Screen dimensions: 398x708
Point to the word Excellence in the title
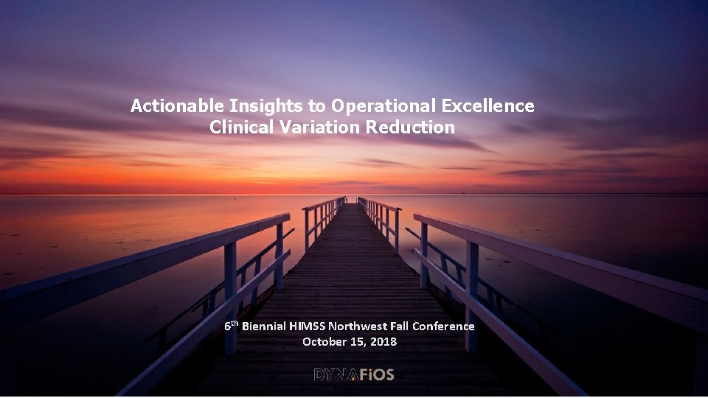tap(489, 106)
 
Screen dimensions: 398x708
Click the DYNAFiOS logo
tap(354, 375)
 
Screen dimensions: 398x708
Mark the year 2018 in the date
tap(383, 342)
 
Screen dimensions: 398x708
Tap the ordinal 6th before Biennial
tap(232, 325)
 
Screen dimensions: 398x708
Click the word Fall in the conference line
tap(399, 326)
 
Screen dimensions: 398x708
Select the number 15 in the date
tap(359, 342)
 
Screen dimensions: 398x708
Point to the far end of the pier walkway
tap(352, 203)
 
